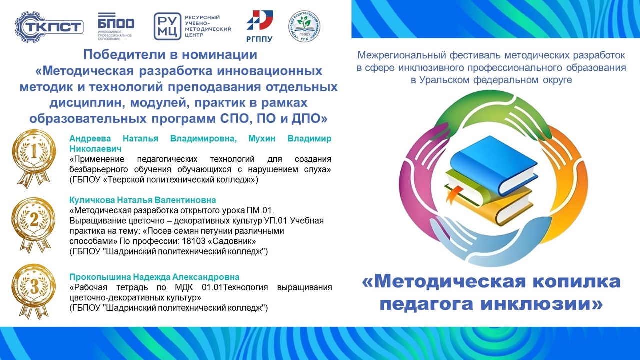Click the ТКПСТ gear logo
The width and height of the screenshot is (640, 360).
49,27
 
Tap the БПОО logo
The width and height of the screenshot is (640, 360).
116,26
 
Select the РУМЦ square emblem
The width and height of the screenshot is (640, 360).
167,26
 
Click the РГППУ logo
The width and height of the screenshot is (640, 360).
259,26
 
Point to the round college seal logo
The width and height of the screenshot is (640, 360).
304,26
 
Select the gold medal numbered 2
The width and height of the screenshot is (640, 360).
34,225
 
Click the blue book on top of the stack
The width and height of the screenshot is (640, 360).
493,164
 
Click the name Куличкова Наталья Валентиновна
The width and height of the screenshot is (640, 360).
143,200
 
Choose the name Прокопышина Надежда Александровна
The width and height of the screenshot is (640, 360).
154,277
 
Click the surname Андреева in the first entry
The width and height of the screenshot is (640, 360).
90,139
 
